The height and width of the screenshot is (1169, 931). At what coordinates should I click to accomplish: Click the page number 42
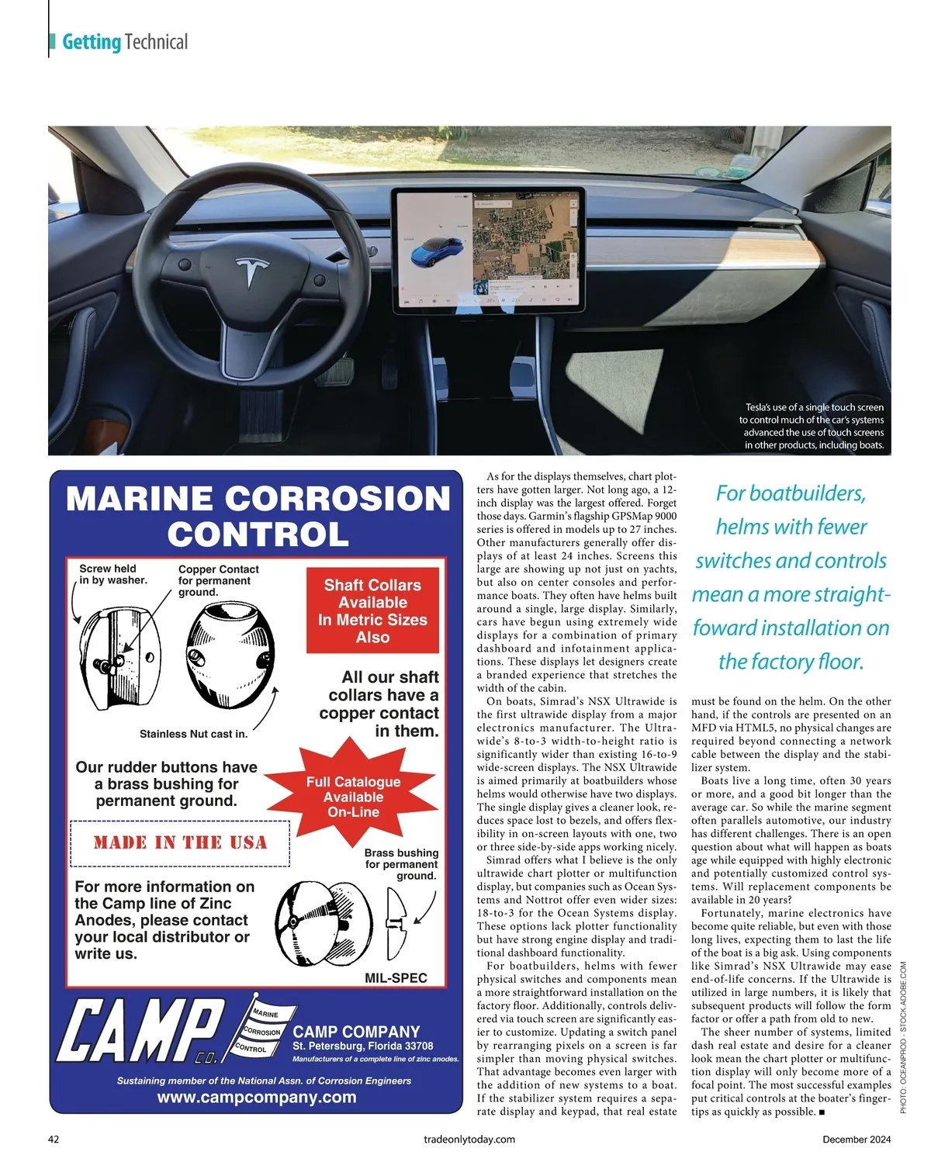(x=54, y=1139)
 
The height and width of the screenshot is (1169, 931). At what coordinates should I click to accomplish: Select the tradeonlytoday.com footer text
(x=469, y=1139)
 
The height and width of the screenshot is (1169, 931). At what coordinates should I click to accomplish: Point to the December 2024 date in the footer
(x=857, y=1139)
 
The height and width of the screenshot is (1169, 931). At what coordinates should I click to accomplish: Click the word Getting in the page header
(x=92, y=42)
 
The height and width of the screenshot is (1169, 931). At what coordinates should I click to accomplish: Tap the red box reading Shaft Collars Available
(x=372, y=611)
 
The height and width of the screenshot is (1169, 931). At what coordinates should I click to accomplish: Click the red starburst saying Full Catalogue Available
(x=354, y=797)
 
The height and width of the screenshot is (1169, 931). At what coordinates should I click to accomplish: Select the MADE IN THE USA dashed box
(x=180, y=842)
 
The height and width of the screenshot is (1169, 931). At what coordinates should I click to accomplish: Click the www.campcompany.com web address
(x=257, y=1097)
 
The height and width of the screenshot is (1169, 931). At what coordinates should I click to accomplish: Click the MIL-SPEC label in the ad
(x=396, y=977)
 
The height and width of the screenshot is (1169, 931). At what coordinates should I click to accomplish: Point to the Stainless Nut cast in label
(x=193, y=734)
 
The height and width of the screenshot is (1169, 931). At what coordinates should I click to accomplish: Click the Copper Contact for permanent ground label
(x=218, y=580)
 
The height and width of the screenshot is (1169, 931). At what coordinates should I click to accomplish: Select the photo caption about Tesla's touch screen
(x=812, y=426)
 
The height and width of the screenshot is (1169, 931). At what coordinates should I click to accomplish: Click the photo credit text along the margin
(x=903, y=1038)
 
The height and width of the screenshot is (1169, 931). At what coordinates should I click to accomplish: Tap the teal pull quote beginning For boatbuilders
(x=791, y=577)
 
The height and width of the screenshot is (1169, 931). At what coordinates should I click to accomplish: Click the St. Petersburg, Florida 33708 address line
(x=362, y=1046)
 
